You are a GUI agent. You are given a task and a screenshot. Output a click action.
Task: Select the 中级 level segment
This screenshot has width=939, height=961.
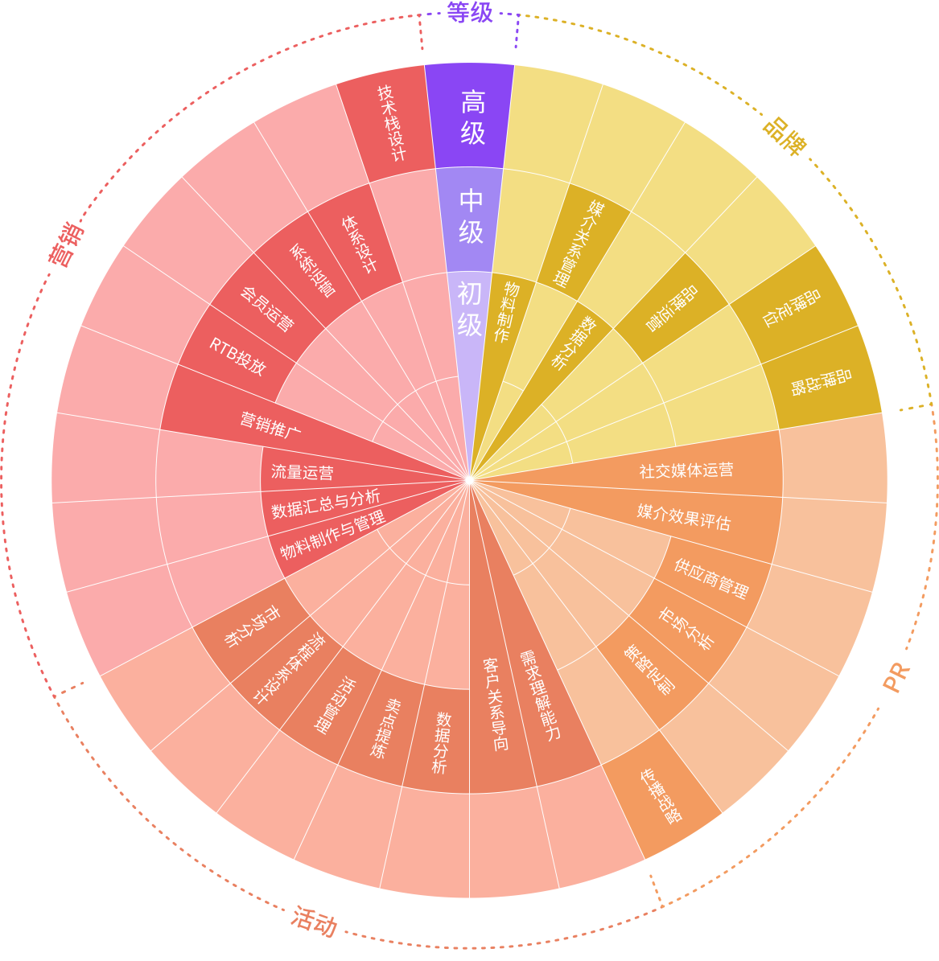coord(472,218)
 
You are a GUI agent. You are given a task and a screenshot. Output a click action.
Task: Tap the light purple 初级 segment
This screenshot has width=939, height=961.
coord(470,310)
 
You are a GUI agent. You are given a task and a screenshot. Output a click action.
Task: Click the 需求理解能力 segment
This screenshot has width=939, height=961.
coord(539,695)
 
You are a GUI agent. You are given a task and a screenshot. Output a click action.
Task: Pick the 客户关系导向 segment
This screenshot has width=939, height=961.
coord(496,704)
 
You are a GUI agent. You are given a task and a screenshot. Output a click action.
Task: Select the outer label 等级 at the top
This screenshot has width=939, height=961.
coord(470,12)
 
